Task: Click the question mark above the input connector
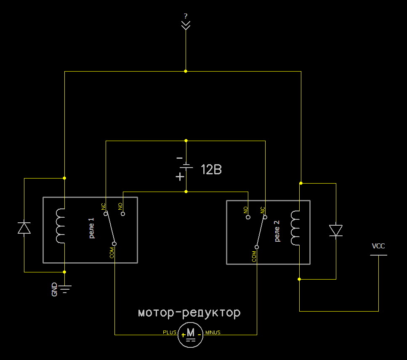[186, 16]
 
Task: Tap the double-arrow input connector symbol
[186, 25]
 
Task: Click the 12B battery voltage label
[211, 170]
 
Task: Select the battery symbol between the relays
[184, 168]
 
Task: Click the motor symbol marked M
[190, 335]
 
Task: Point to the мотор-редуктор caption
[189, 313]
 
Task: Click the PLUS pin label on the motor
[170, 333]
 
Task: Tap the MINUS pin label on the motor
[213, 333]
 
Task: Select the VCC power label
[378, 246]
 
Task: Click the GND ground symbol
[62, 289]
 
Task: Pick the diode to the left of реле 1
[24, 228]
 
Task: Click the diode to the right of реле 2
[336, 231]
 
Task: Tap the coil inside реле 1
[60, 226]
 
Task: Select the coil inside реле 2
[295, 228]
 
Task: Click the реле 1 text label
[91, 228]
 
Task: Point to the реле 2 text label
[277, 231]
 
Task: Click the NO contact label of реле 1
[120, 206]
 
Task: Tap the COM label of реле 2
[254, 256]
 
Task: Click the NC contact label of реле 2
[262, 210]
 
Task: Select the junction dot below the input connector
[186, 71]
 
